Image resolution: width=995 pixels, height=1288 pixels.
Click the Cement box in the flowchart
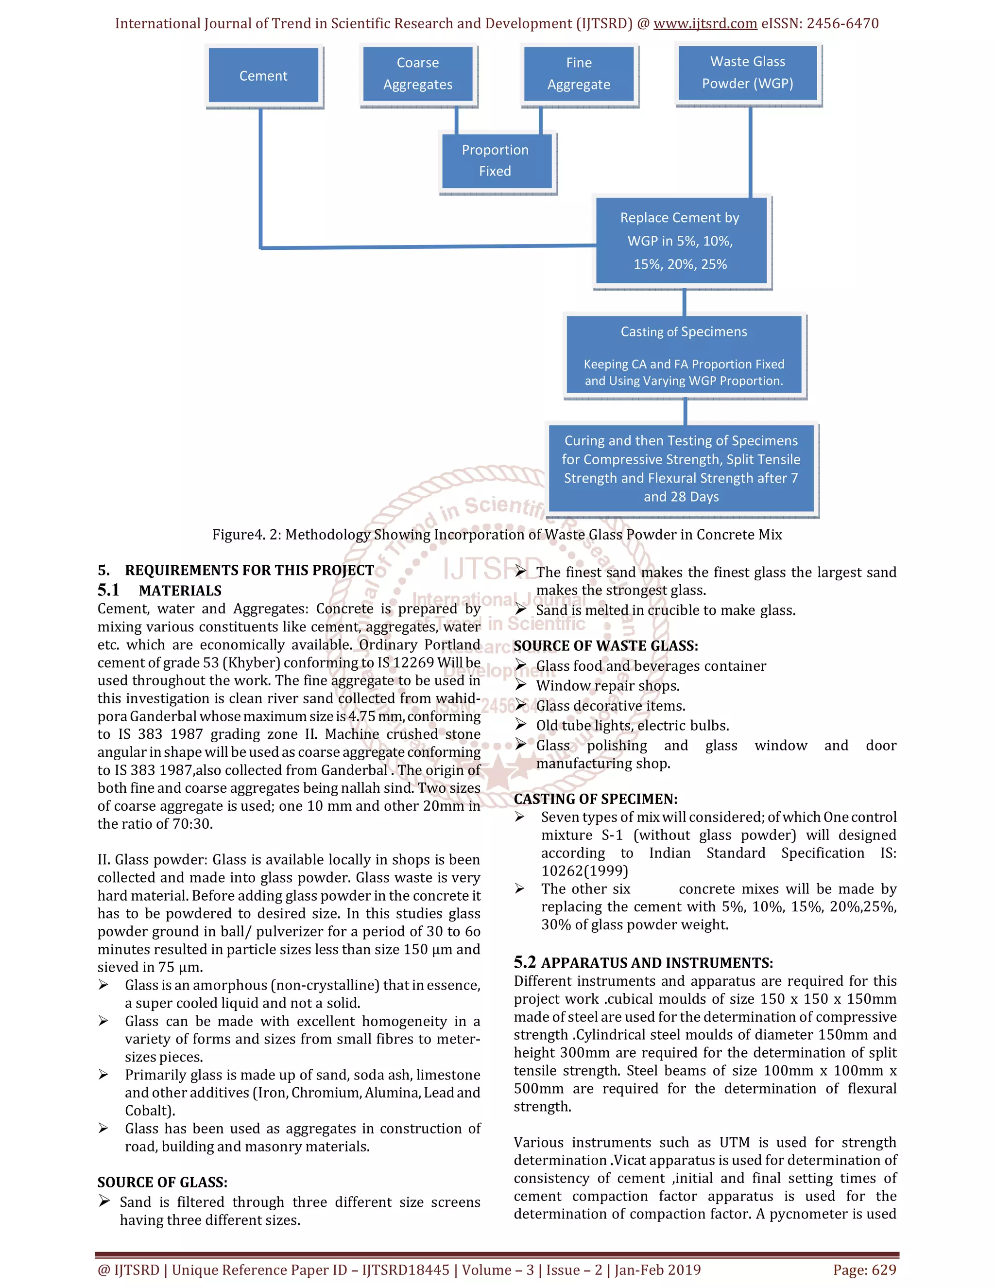tap(263, 75)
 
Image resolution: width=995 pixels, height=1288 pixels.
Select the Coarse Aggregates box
tap(417, 74)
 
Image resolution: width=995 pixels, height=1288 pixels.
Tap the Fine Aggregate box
tap(578, 74)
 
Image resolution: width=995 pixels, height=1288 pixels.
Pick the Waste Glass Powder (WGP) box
tap(747, 72)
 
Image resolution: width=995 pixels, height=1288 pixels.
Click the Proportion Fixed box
tap(495, 160)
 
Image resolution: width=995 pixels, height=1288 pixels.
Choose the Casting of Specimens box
tap(683, 354)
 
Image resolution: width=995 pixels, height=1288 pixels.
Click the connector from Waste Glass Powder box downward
tap(750, 152)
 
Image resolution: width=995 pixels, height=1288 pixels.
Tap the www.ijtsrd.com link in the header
tap(705, 24)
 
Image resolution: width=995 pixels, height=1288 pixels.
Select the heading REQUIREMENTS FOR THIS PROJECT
tap(249, 570)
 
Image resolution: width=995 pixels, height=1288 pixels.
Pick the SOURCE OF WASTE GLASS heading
tap(605, 646)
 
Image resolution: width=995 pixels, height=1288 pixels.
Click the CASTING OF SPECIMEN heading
tap(595, 799)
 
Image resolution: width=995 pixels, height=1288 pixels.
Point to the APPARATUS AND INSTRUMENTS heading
tap(657, 963)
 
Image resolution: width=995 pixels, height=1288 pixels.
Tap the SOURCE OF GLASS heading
tap(162, 1183)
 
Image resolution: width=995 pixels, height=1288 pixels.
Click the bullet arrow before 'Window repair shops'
tap(520, 685)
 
